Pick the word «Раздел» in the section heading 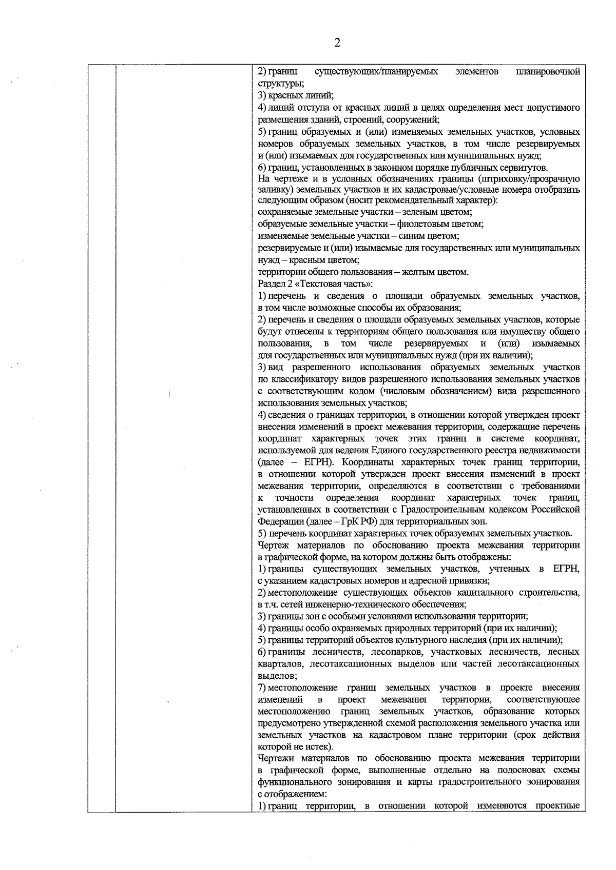(269, 284)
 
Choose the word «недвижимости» (554, 450)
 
